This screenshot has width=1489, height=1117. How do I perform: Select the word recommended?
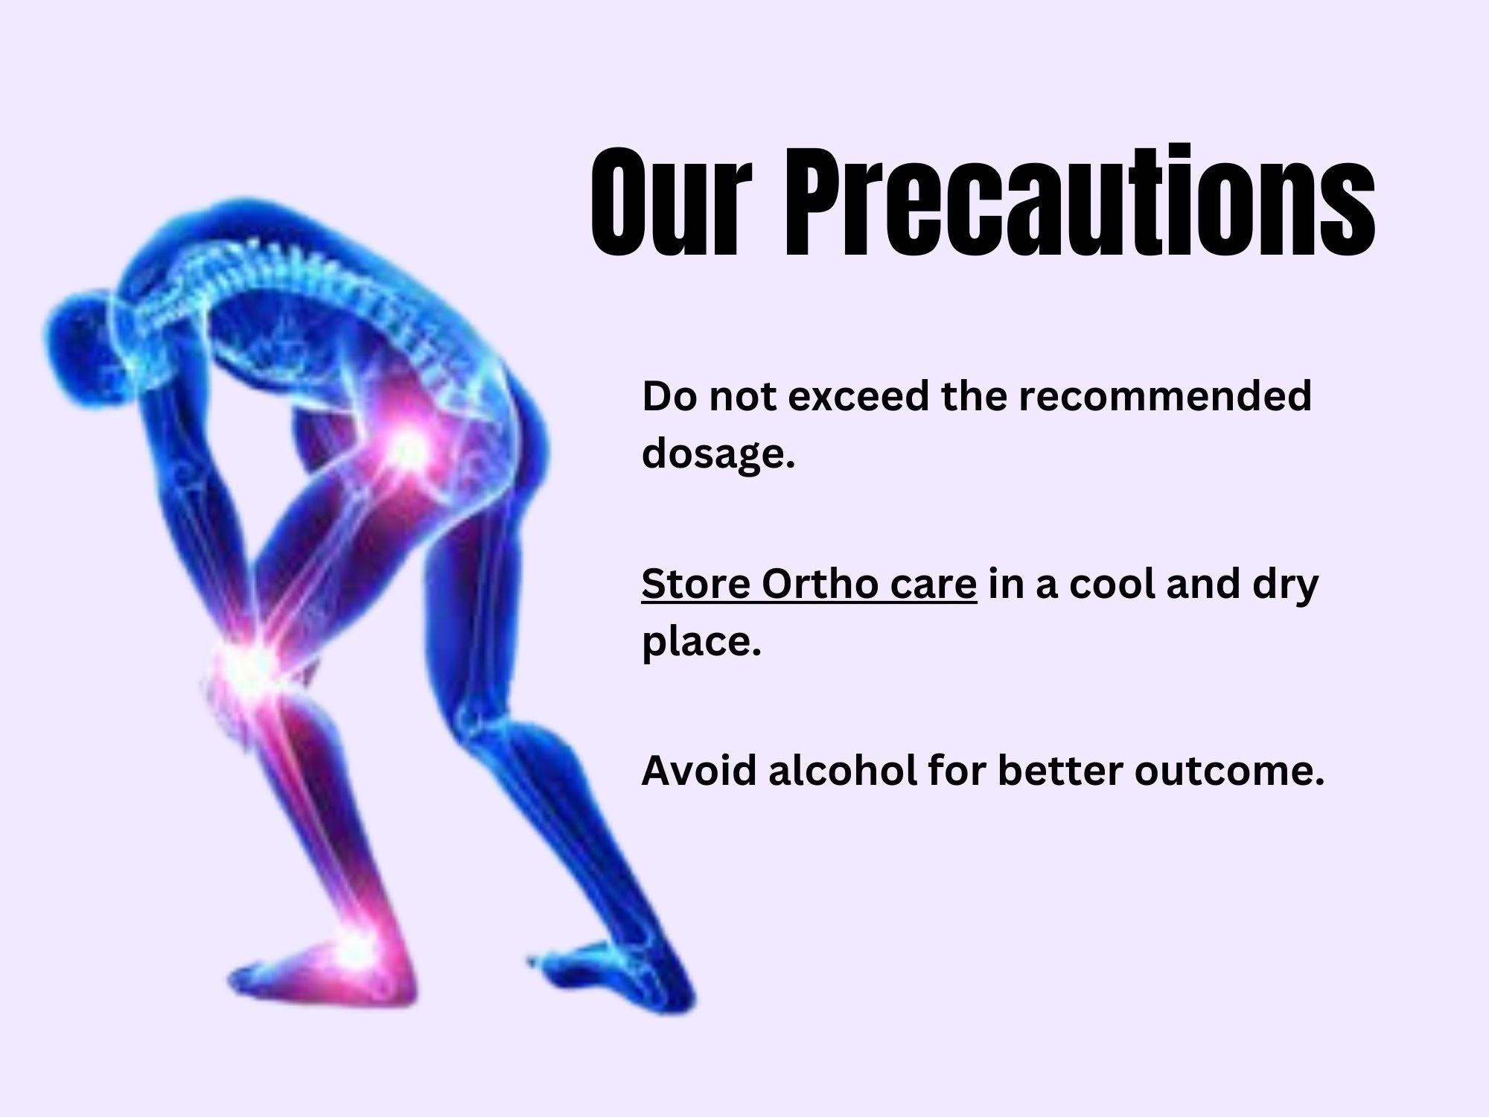pos(1164,396)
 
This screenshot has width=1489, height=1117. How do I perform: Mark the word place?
pos(701,641)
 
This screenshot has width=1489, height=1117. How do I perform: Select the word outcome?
pos(1230,771)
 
